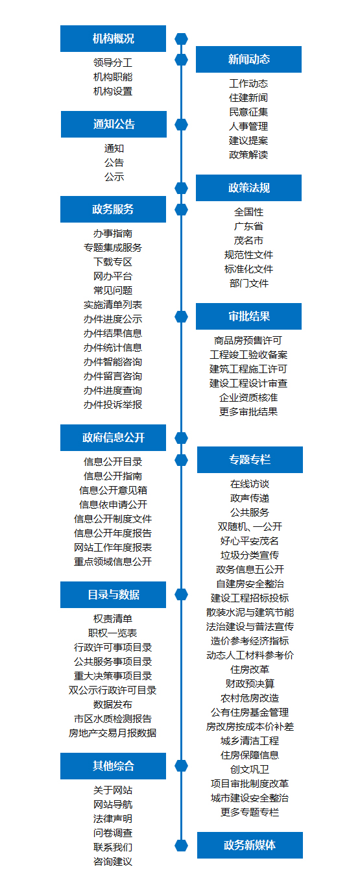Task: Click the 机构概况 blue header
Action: tap(113, 38)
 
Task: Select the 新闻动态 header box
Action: tap(248, 59)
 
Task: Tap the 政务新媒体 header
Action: tap(250, 846)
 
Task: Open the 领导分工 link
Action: tap(113, 62)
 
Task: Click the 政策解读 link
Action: tap(248, 154)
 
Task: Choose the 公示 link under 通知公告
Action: tap(114, 177)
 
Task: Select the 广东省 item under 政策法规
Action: tap(248, 226)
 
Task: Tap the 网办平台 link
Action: tap(113, 276)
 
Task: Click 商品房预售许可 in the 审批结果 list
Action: tap(248, 341)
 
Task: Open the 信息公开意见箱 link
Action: tap(113, 491)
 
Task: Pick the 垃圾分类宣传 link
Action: tap(250, 555)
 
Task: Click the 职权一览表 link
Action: tap(113, 633)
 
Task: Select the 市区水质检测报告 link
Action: tap(113, 719)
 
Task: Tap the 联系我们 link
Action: tap(113, 848)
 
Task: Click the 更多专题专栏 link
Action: tap(250, 812)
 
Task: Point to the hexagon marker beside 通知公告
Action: tap(182, 125)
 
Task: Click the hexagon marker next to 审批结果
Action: tap(182, 317)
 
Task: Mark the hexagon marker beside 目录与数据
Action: tap(182, 594)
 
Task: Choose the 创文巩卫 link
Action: tap(250, 769)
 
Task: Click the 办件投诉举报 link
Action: tap(113, 404)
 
